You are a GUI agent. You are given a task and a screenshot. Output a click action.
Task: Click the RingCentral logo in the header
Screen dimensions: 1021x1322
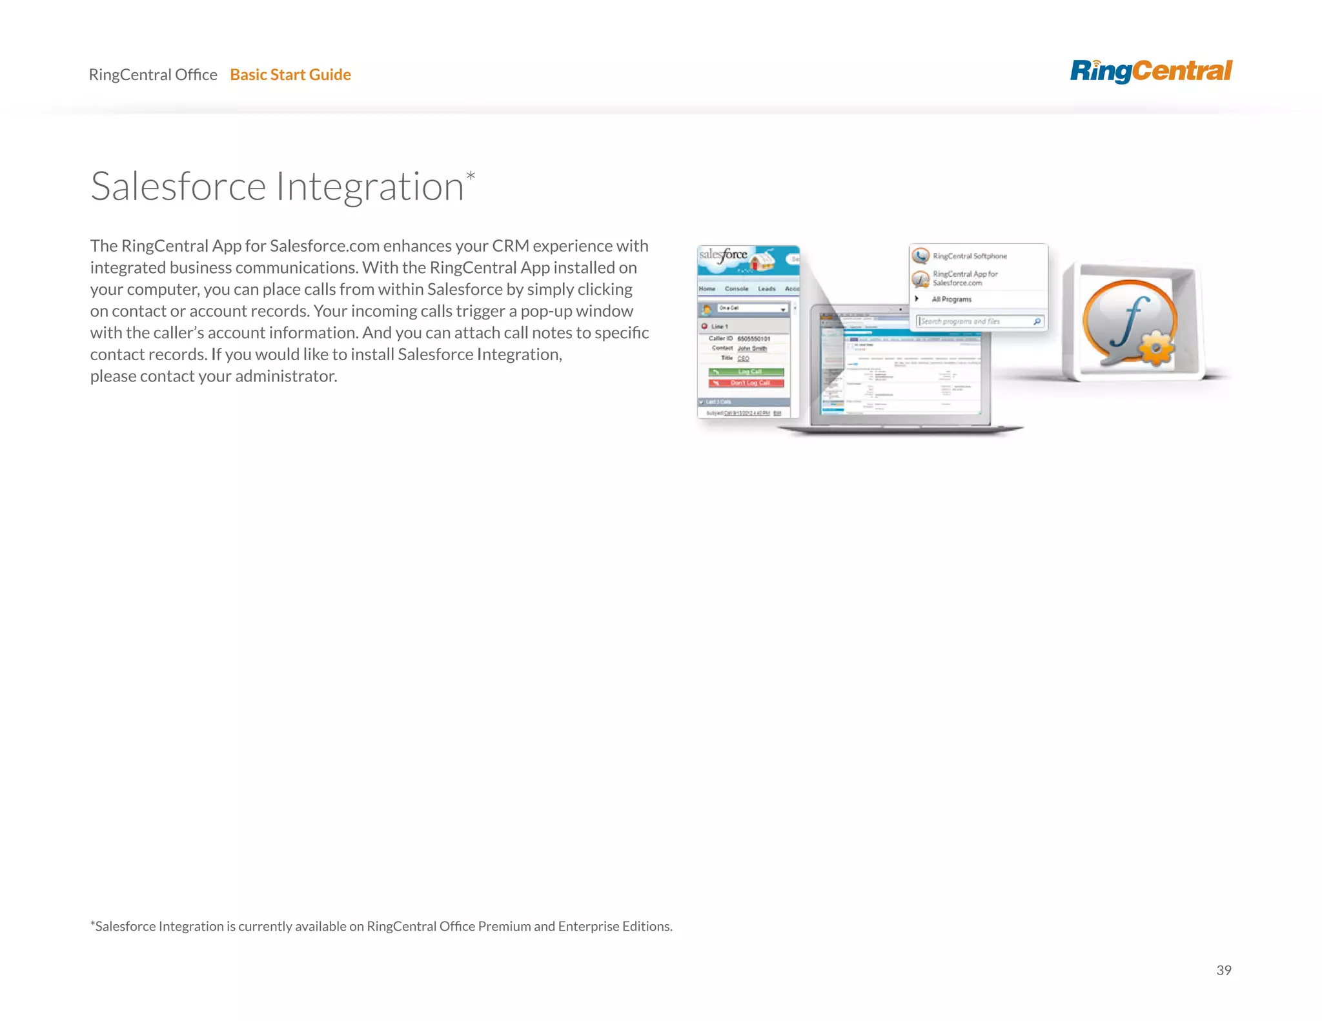pos(1151,71)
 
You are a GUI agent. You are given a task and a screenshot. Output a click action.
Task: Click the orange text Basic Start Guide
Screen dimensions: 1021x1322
pos(290,75)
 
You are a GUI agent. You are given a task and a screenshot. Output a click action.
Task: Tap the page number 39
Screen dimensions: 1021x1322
pos(1223,970)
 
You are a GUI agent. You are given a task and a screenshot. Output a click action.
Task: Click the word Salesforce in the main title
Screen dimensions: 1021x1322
pos(178,187)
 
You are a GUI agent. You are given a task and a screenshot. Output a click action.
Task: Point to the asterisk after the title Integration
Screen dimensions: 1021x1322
pos(471,176)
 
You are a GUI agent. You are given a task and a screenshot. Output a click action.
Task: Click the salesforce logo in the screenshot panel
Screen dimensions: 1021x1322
pos(723,255)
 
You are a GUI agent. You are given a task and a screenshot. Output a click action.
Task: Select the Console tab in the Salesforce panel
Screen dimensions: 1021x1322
pos(737,288)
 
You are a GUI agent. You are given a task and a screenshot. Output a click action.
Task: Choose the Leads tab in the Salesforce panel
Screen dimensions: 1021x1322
pos(767,288)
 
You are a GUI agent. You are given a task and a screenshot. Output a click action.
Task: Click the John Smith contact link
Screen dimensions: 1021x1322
pos(753,349)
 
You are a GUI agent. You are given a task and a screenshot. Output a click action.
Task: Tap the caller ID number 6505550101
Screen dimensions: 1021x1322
pos(754,339)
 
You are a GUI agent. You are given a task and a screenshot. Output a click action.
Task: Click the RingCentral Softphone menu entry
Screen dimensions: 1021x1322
pos(970,256)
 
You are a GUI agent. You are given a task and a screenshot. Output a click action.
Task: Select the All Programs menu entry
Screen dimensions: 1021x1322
pos(951,299)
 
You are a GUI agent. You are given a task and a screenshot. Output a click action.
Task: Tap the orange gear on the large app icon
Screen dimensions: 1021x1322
pos(1156,349)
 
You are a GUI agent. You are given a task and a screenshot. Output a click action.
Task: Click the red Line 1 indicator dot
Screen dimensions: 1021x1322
pos(704,327)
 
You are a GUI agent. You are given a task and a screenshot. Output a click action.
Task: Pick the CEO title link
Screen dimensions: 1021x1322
pos(744,358)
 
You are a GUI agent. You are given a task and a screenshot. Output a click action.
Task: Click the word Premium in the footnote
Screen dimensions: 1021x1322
pos(504,927)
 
